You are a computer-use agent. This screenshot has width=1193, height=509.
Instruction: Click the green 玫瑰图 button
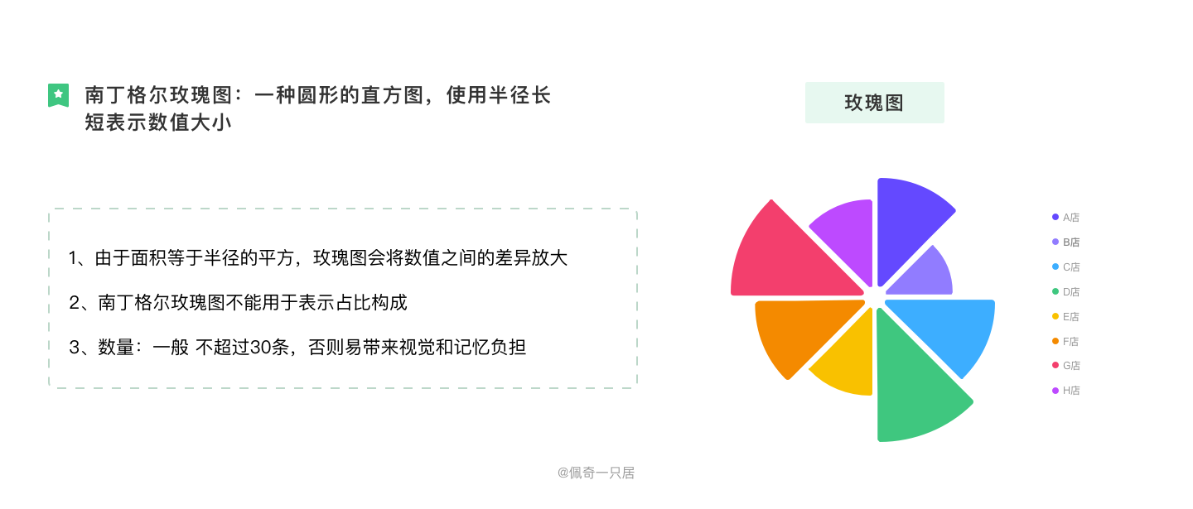(x=874, y=103)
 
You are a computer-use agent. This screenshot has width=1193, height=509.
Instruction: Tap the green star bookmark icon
(x=58, y=95)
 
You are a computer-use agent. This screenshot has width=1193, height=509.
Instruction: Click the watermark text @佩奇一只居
(x=596, y=473)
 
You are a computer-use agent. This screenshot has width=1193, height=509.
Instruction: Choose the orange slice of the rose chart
(x=795, y=331)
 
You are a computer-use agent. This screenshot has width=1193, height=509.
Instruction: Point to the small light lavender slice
(x=924, y=274)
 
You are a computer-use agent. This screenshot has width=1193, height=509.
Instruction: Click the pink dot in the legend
(x=1055, y=365)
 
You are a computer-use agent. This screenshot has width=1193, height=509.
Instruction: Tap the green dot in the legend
(x=1055, y=291)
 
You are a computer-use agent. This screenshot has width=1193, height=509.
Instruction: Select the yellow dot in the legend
(x=1055, y=316)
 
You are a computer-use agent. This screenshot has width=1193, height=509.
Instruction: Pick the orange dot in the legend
(x=1055, y=341)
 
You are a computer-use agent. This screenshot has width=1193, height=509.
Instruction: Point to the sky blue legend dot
(x=1055, y=267)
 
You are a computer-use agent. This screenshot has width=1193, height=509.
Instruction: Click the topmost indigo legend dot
(x=1055, y=217)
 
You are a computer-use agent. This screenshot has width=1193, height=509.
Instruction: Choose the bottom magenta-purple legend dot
(x=1055, y=390)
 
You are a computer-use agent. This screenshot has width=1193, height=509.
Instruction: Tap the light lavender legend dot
(x=1055, y=242)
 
